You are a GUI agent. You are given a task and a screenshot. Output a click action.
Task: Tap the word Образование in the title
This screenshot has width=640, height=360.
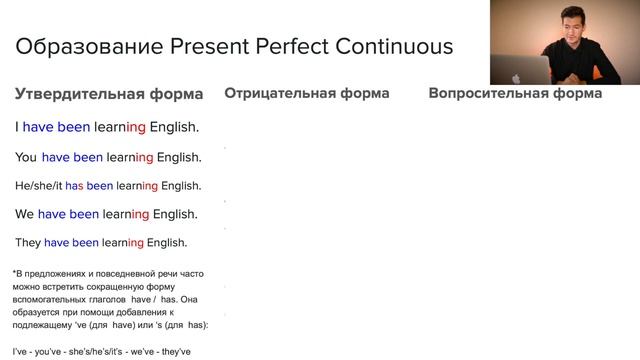[x=81, y=46]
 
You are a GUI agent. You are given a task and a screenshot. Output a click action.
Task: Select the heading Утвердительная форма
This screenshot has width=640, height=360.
[x=109, y=94]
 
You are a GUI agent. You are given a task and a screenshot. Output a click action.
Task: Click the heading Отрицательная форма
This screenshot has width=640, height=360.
[x=306, y=93]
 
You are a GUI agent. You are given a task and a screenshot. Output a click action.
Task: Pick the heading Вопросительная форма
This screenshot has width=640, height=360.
[x=515, y=93]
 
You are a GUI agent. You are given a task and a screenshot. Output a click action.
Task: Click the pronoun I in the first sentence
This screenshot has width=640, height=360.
[x=17, y=127]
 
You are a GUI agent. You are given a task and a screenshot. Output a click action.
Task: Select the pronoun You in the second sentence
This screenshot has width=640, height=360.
[x=26, y=157]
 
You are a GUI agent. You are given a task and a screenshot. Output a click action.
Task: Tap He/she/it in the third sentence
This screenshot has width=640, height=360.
[x=38, y=185]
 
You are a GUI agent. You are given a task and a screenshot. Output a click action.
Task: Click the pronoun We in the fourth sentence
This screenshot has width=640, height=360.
[x=25, y=214]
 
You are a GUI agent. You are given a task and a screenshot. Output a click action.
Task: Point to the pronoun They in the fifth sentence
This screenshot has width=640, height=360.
[x=28, y=242]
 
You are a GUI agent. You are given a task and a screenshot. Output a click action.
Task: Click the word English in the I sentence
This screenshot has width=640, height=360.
[x=174, y=127]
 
